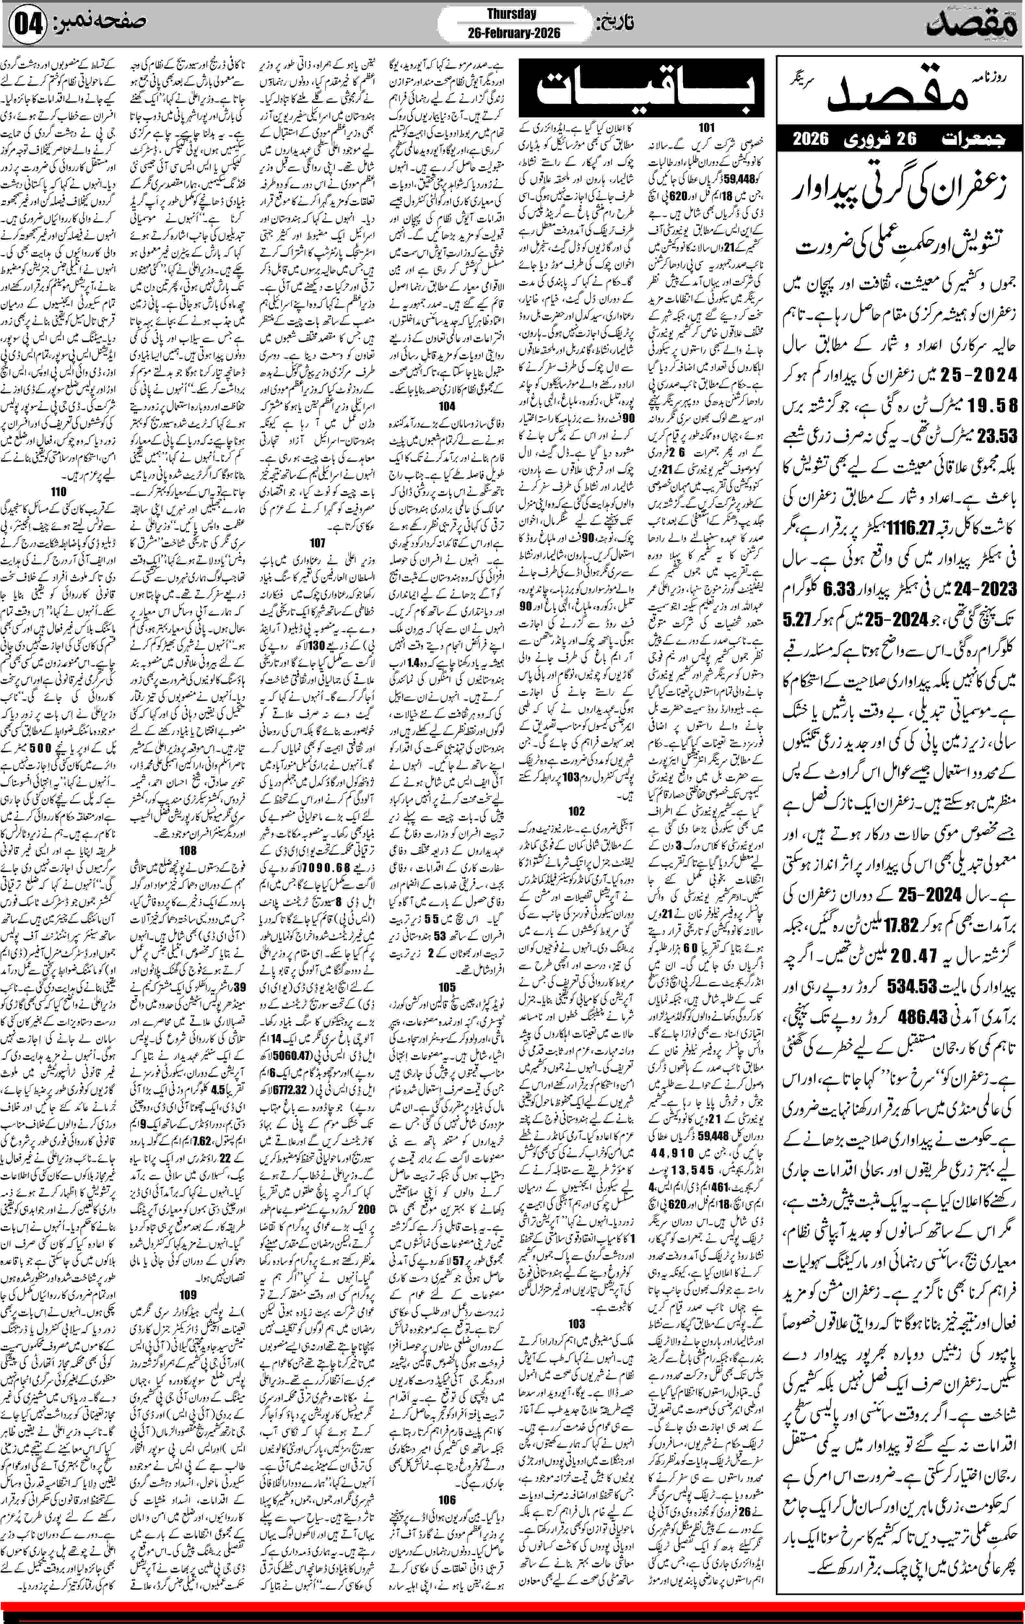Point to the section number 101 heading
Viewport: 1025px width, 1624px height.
click(706, 128)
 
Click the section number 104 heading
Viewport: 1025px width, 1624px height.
click(446, 406)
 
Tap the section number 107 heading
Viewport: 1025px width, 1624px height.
click(317, 542)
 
